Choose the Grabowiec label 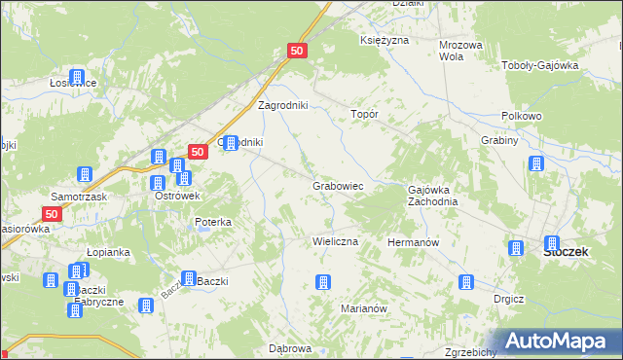coord(338,185)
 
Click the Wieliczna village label coord(335,240)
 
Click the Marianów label coord(365,307)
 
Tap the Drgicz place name coord(509,300)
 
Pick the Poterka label coord(213,222)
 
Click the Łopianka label coord(108,251)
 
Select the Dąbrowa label coord(289,347)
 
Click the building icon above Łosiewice coord(77,77)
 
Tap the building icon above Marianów coord(323,283)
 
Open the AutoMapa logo coord(552,341)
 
